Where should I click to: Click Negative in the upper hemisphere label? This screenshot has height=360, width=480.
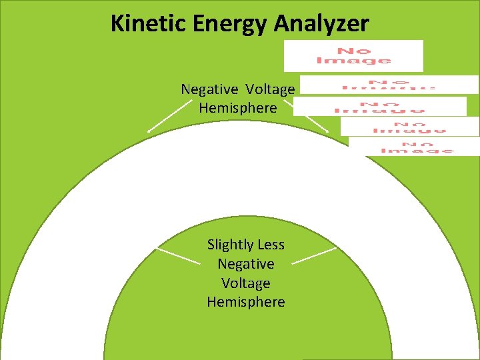tap(209, 89)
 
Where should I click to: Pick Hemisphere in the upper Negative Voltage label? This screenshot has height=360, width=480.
tap(238, 107)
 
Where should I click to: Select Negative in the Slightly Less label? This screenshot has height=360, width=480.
tap(246, 264)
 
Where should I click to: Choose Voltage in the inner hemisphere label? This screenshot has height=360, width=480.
tap(246, 283)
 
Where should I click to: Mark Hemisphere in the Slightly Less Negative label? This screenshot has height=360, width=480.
tap(246, 302)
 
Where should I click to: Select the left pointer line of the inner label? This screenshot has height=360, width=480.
tap(178, 257)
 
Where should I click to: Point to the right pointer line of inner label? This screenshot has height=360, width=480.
tap(314, 257)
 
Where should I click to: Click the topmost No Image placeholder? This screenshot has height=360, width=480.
tap(353, 55)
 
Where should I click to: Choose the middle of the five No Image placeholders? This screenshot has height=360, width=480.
tap(380, 106)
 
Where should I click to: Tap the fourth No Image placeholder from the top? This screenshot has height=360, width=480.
tap(409, 127)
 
